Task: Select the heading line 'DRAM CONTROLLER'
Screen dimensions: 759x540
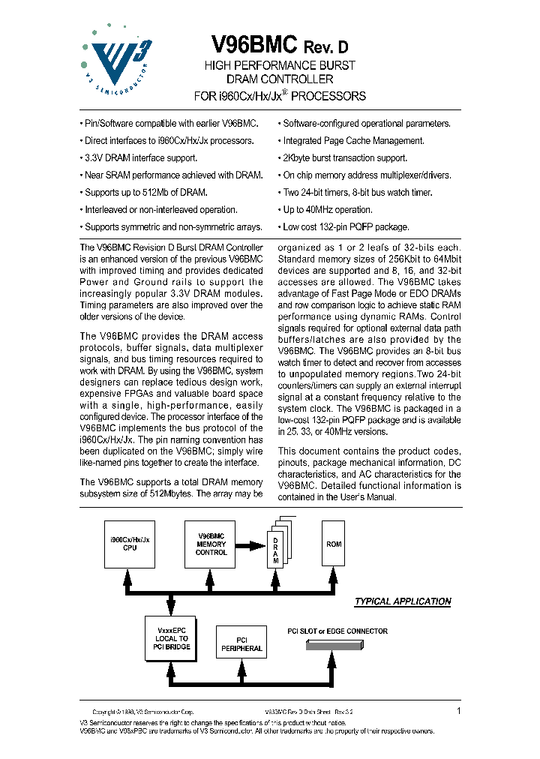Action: coord(280,79)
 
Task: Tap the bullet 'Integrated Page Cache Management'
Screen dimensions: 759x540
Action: coord(351,141)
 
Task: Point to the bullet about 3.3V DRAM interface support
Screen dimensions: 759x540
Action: coord(139,158)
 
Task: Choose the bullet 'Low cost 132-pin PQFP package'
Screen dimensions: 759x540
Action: coord(343,227)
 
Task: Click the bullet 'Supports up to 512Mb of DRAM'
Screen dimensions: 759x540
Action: coord(144,193)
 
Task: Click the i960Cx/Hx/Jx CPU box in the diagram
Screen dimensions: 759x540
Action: coord(130,544)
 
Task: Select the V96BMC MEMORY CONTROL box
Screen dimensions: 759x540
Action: coord(211,544)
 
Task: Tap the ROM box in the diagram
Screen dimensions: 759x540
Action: coord(334,544)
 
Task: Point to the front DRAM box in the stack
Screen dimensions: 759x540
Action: coord(275,551)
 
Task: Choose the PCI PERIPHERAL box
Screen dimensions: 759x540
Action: coord(241,644)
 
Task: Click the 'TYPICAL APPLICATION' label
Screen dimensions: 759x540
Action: coord(402,601)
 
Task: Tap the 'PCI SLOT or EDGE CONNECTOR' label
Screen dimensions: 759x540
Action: coord(337,631)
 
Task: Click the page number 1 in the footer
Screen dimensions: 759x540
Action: coord(458,710)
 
